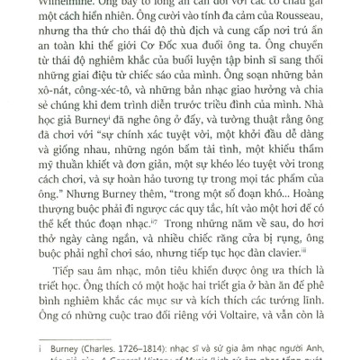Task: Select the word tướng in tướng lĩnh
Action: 295,289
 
